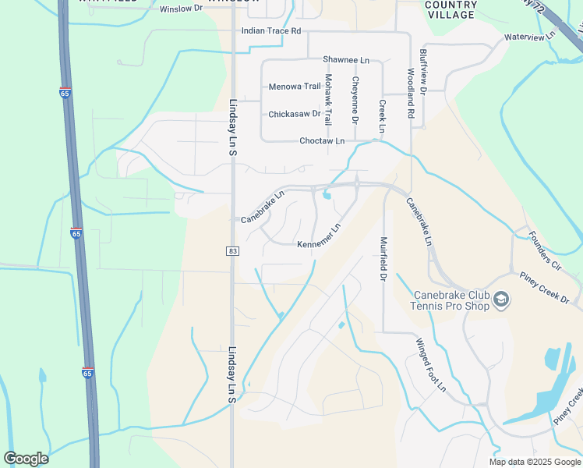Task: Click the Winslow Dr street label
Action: [x=180, y=9]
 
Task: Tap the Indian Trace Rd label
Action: [x=271, y=31]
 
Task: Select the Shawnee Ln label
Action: [x=346, y=60]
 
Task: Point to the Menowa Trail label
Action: [x=295, y=87]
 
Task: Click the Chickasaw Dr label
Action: [x=295, y=114]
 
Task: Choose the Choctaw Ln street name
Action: [x=322, y=141]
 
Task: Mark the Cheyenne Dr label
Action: [x=355, y=100]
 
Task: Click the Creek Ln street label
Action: [x=382, y=115]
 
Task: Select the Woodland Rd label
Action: [x=410, y=92]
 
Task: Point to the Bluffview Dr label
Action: [x=423, y=72]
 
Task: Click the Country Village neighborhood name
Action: [x=450, y=10]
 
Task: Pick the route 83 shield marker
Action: [x=232, y=250]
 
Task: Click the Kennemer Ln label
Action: [x=320, y=236]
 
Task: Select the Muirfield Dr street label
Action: [x=383, y=259]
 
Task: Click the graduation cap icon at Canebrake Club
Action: [x=502, y=300]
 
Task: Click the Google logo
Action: [x=26, y=459]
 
